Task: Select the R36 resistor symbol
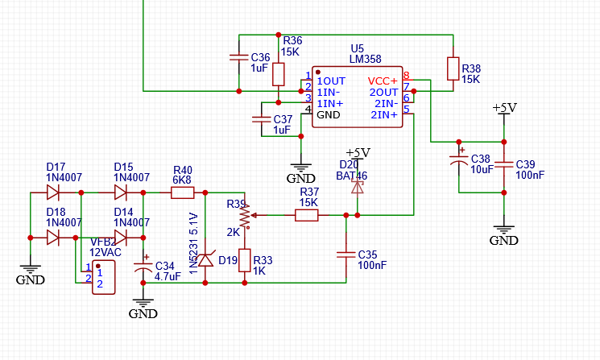279,74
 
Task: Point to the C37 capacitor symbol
261,119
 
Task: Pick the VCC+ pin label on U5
383,81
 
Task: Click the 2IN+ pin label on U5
384,115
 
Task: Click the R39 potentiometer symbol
243,215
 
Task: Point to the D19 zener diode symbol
205,259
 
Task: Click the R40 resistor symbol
182,192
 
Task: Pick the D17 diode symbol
54,192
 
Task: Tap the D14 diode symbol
121,237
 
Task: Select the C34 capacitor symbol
144,268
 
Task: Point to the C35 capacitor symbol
346,254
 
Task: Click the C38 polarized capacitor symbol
458,163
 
